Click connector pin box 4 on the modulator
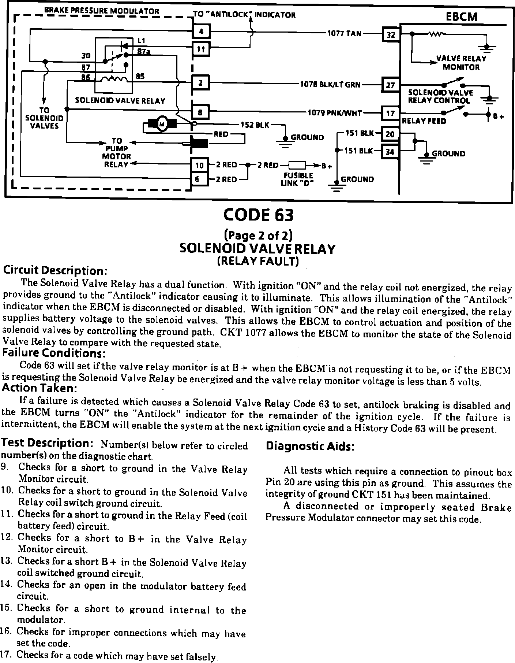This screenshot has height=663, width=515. (201, 32)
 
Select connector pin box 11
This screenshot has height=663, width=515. (201, 49)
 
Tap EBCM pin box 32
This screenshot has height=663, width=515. (391, 35)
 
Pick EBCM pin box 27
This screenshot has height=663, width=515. (390, 85)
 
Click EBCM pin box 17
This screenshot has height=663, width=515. (390, 113)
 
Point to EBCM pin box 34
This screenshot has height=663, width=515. (390, 151)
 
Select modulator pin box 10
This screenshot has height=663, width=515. (199, 165)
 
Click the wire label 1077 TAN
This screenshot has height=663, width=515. (344, 34)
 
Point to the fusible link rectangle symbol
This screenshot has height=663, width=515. (297, 165)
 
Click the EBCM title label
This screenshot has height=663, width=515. (462, 17)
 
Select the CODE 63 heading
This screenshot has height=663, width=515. (258, 215)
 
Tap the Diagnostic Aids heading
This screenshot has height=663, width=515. (310, 446)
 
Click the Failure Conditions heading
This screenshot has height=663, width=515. (54, 353)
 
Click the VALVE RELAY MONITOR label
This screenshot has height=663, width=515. (461, 63)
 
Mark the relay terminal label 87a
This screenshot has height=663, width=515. (143, 52)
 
